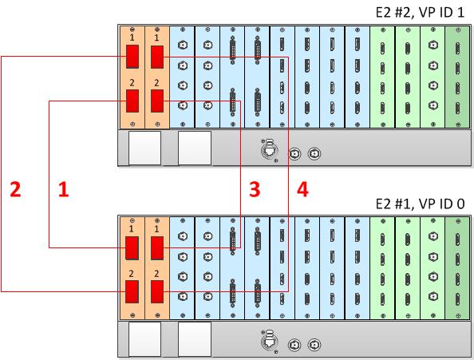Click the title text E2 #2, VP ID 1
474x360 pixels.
coord(420,13)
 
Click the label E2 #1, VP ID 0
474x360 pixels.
coord(420,204)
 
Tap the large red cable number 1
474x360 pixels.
coord(64,189)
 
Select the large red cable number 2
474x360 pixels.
coord(15,189)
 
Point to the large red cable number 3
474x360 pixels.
coord(255,189)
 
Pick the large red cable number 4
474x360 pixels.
coord(302,189)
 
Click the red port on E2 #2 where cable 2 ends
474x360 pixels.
coord(132,57)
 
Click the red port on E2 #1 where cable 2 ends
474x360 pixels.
coord(132,291)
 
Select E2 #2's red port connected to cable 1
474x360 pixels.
coord(132,101)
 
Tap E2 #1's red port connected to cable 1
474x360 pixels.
coord(132,248)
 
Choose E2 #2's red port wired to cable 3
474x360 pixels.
coord(157,101)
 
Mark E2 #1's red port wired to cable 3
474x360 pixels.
coord(157,248)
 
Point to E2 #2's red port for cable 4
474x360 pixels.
coord(157,57)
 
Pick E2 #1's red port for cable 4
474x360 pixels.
coord(157,291)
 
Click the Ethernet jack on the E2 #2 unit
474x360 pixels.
coord(270,149)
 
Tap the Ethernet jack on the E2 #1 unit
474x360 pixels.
coord(270,341)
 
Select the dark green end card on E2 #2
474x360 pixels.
coord(458,77)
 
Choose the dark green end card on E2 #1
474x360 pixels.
coord(458,268)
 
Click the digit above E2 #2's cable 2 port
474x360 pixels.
coord(132,38)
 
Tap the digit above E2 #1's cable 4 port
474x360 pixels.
coord(156,274)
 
